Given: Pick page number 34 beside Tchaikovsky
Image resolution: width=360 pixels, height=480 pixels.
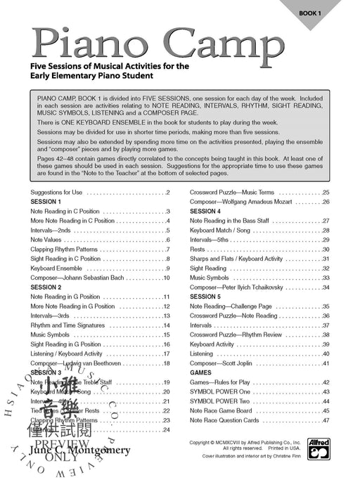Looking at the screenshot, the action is coord(326,287).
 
